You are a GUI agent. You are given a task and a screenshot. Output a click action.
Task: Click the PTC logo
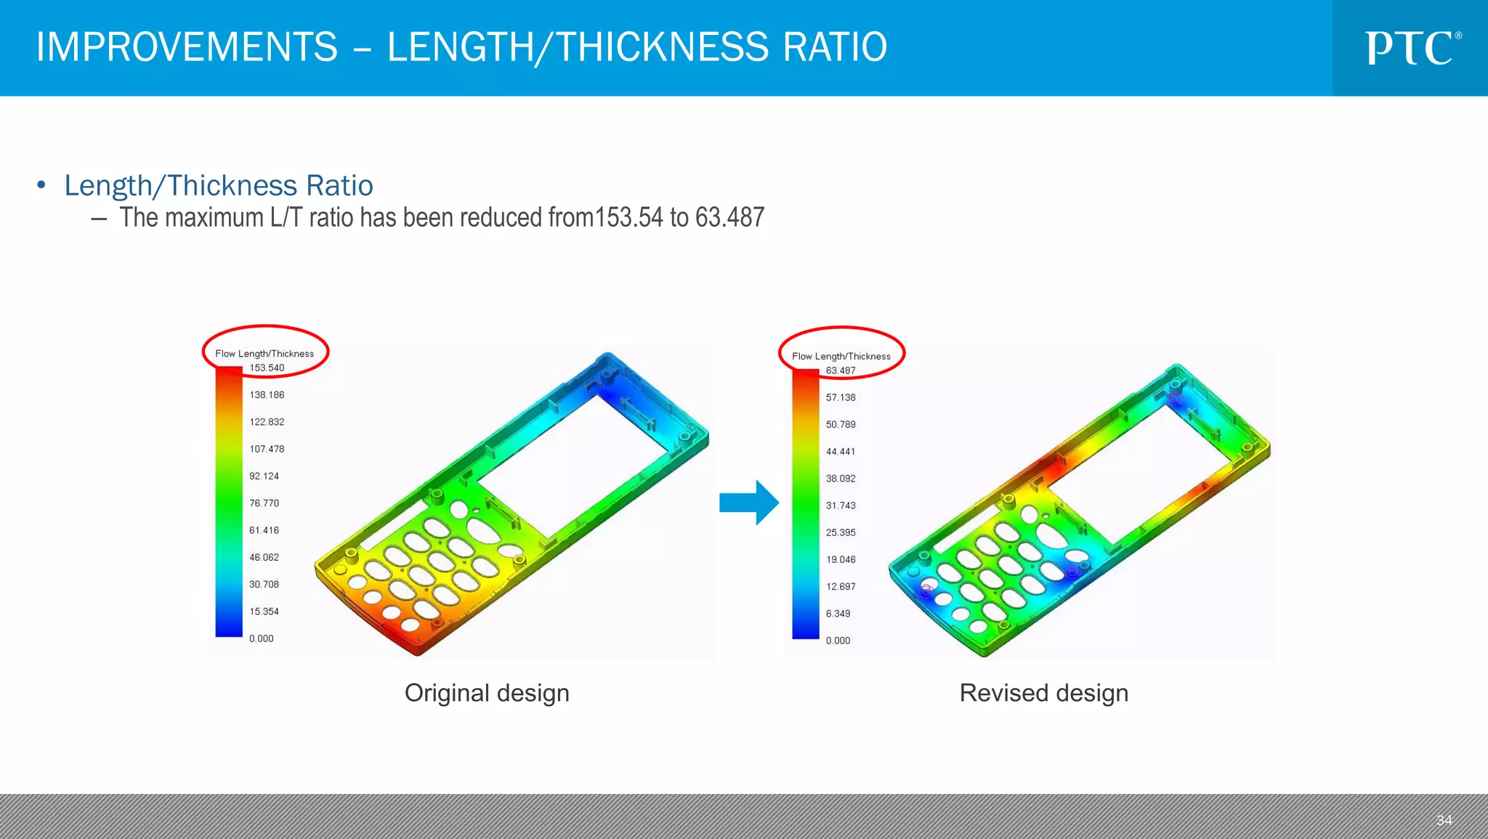coord(1412,48)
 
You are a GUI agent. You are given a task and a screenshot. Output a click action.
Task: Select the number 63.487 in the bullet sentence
coord(729,217)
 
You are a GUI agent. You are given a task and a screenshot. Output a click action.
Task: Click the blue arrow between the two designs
coord(749,503)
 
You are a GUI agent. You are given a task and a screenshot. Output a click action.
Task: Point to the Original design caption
coord(487,693)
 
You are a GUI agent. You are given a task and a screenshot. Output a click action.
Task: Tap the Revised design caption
coord(1043,693)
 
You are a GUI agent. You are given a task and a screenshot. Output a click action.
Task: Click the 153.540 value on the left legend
coord(267,368)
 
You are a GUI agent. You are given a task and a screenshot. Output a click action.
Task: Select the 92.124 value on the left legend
coord(264,477)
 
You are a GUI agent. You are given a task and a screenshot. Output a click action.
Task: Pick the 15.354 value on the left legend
coord(264,612)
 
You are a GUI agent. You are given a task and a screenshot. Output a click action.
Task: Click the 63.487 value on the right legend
coord(841,371)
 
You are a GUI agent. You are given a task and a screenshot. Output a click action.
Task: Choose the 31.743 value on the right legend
coord(841,506)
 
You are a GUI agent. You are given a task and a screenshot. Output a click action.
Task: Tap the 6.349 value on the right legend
coord(838,614)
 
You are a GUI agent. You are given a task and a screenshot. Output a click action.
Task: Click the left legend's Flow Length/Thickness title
coord(264,354)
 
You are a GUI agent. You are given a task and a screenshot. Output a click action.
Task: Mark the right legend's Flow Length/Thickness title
coord(841,357)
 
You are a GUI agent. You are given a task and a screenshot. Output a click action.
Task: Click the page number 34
coord(1444,820)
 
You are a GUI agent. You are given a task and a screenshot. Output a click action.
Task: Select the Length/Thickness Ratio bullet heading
coord(219,186)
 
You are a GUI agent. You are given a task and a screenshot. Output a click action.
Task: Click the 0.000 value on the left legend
coord(261,639)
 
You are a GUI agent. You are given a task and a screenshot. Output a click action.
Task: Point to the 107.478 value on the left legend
coord(267,450)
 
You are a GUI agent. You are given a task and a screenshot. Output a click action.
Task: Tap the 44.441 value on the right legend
coord(841,452)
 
